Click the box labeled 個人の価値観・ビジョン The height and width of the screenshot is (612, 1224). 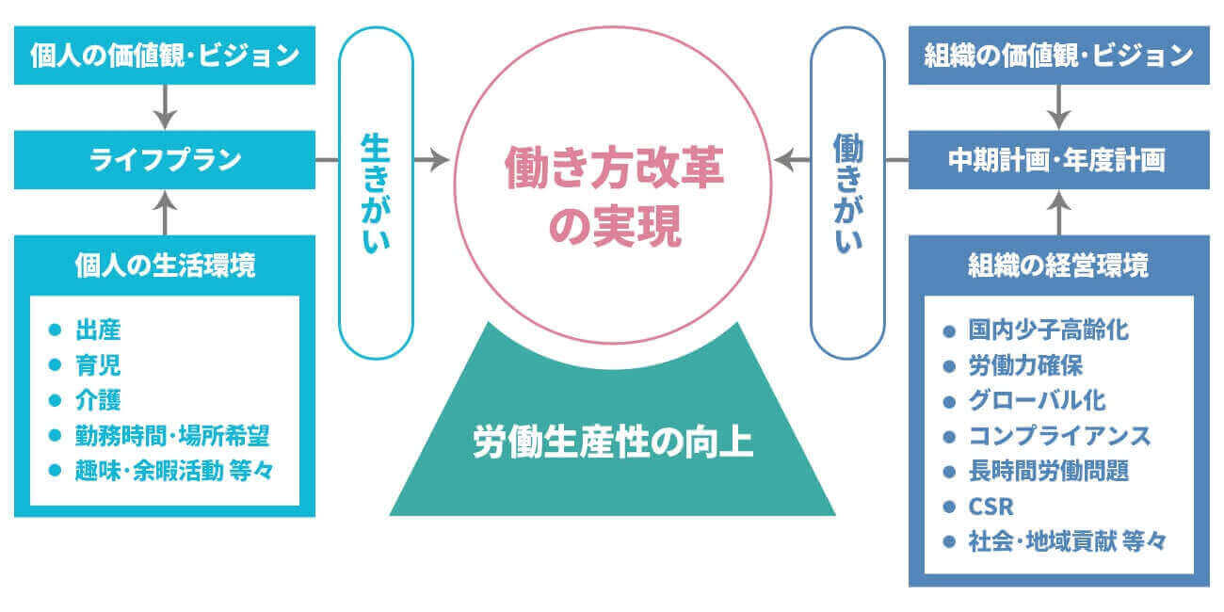coord(165,56)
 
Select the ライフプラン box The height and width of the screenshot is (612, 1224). coord(165,160)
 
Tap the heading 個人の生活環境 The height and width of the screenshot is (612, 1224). coord(165,266)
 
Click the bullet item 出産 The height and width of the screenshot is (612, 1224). coord(98,330)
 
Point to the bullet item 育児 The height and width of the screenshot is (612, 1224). coord(98,365)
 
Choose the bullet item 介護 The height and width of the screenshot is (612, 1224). coord(98,400)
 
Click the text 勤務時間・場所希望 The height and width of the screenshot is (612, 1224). coord(178,435)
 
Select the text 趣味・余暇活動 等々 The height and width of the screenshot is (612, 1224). coord(174,470)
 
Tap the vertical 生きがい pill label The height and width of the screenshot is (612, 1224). coord(375,192)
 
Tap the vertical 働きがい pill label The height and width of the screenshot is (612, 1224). coord(847,192)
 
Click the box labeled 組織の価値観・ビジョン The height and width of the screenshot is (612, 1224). coord(1058,56)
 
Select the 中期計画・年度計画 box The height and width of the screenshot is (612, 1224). coord(1058,160)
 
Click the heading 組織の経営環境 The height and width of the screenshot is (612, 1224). coord(1058,266)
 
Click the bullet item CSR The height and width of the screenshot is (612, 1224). coord(990,506)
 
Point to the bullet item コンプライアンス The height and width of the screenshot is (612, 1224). coord(1059,436)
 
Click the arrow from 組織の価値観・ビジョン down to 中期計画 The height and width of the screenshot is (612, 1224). coord(1058,107)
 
